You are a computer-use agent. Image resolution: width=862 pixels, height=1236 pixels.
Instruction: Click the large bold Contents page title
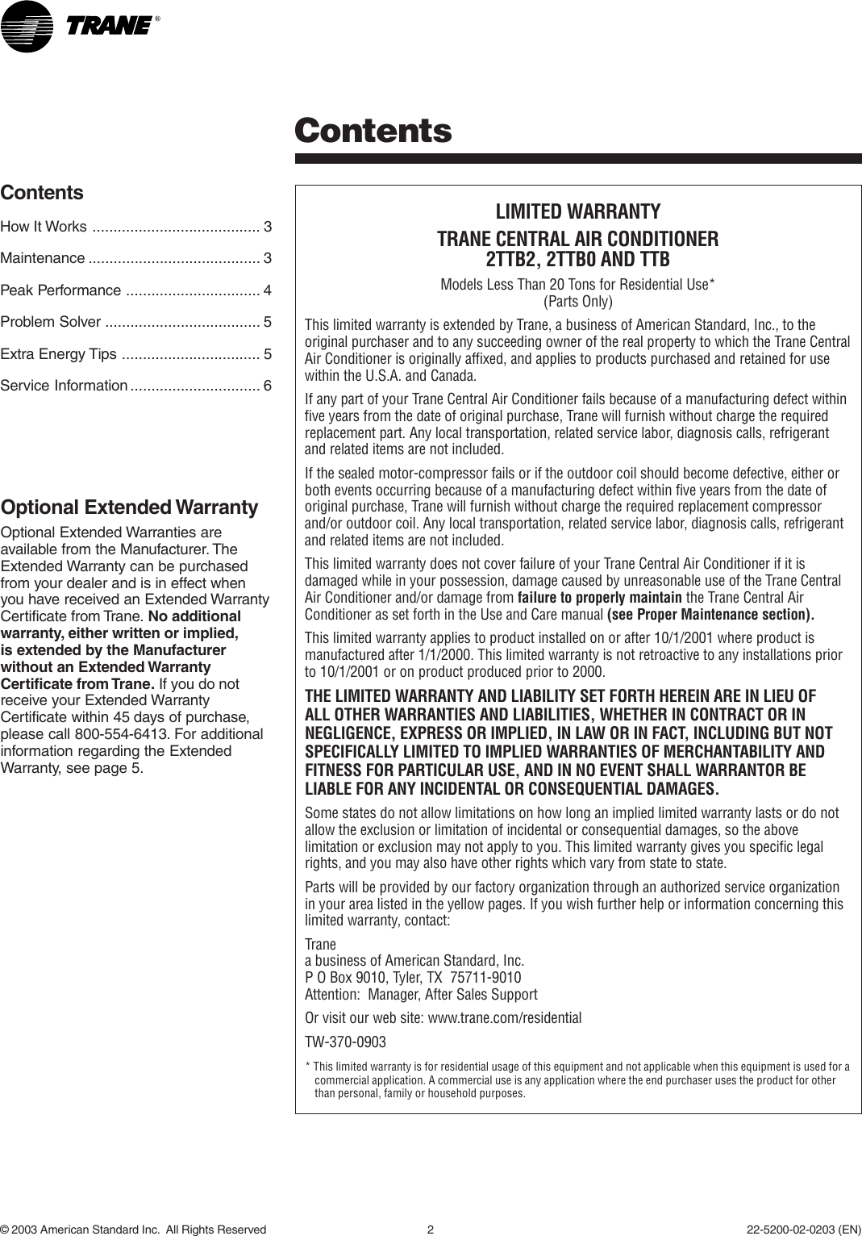click(x=373, y=130)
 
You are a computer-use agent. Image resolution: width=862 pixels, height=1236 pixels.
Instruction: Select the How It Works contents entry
click(x=44, y=227)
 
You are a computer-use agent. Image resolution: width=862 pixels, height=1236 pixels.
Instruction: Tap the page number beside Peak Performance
click(x=267, y=290)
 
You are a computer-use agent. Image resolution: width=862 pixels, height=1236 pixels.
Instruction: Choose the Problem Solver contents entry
click(x=51, y=323)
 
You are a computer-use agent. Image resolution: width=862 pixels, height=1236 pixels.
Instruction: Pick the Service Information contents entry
click(x=64, y=386)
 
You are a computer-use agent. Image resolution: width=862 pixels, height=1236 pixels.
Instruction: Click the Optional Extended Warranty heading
click(x=129, y=507)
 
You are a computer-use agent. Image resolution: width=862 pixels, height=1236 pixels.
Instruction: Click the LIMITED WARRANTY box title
click(x=577, y=212)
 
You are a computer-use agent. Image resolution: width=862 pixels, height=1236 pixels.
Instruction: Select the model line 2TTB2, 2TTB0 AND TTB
click(x=577, y=260)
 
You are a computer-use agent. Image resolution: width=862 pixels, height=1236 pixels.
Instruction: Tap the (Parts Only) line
click(x=577, y=302)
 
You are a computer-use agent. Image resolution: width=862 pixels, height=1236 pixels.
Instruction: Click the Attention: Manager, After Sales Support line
click(x=421, y=995)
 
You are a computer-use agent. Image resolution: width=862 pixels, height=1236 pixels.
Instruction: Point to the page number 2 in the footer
click(x=431, y=1230)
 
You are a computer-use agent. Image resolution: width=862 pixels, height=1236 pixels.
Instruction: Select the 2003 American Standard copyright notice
click(x=133, y=1230)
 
